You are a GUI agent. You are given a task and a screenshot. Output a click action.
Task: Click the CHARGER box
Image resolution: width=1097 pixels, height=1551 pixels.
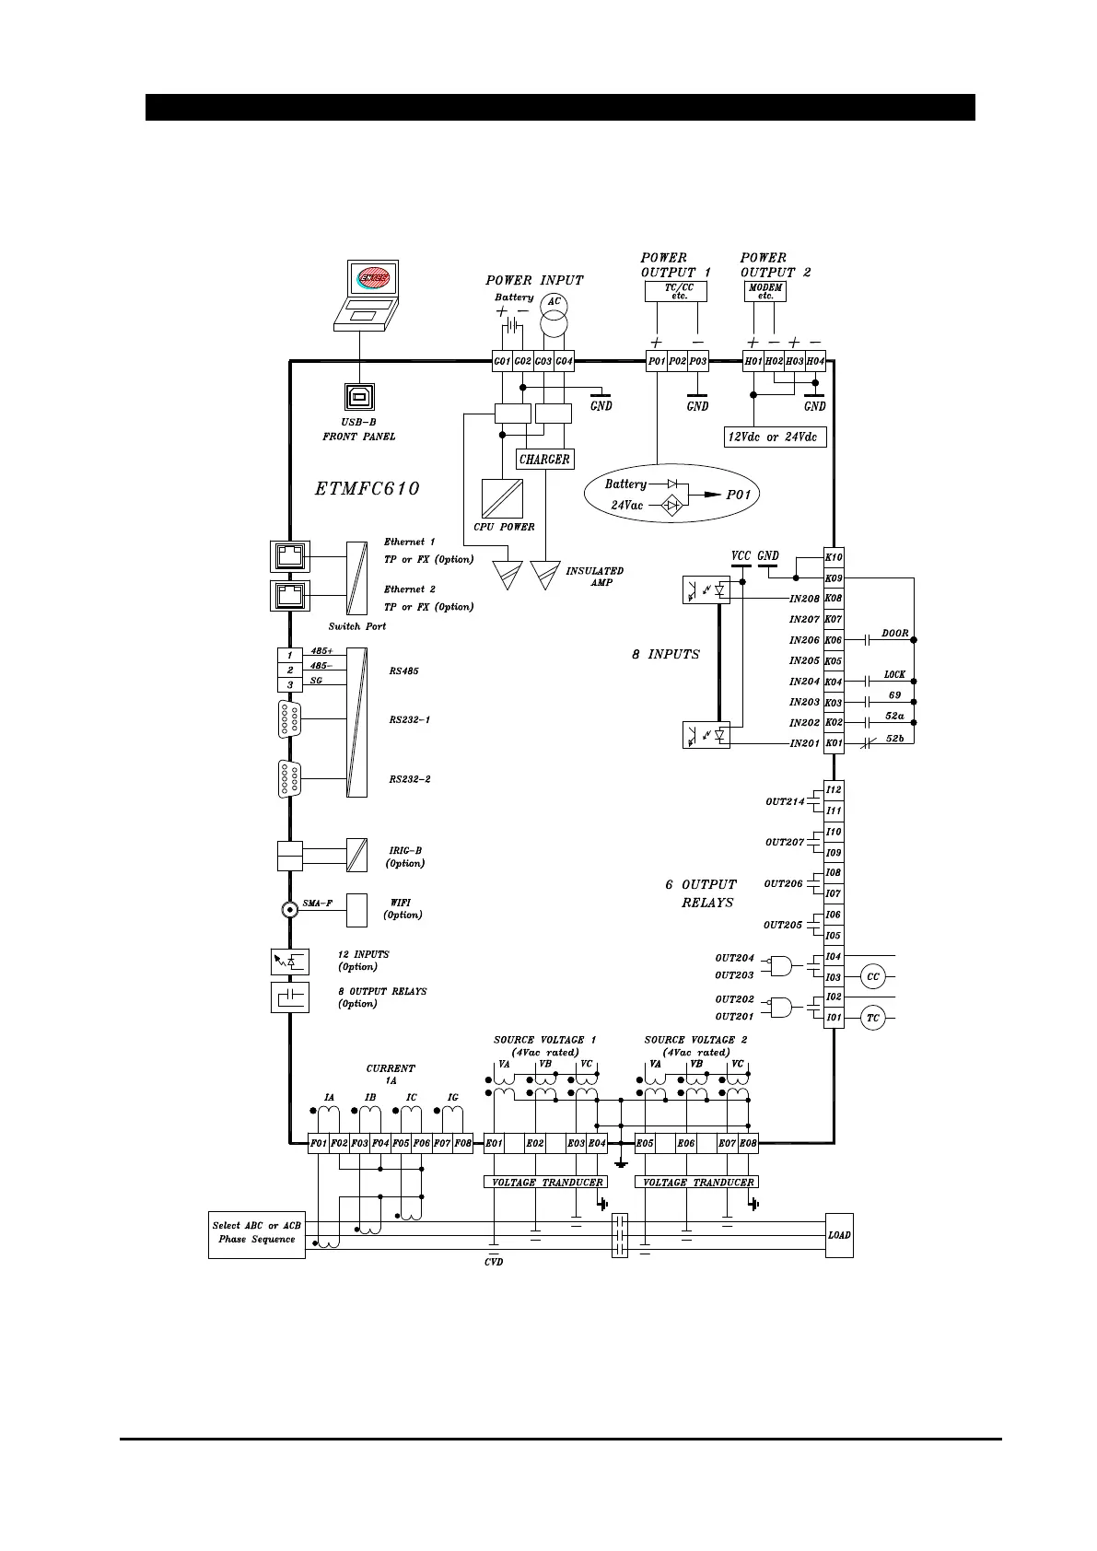(544, 459)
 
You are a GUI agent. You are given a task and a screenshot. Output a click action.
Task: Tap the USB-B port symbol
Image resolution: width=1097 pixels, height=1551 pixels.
(359, 396)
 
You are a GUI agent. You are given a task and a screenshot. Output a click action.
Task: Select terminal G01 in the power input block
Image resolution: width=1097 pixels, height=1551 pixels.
(502, 361)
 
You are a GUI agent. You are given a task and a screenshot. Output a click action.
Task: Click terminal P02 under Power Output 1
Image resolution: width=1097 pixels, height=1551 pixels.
(677, 361)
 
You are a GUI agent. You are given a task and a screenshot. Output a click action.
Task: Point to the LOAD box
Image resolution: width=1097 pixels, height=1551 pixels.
(839, 1234)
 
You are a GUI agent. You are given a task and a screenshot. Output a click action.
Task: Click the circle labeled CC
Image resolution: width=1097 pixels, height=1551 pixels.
(873, 976)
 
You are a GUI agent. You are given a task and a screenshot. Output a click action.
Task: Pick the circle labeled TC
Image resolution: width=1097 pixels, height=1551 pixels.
(873, 1018)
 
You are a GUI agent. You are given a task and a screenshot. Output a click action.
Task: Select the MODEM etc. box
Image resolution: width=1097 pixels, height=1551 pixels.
(765, 291)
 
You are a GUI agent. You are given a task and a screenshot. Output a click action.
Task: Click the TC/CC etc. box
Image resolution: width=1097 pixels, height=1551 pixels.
(678, 291)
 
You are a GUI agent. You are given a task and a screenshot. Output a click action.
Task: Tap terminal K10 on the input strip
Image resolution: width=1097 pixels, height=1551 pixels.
(834, 557)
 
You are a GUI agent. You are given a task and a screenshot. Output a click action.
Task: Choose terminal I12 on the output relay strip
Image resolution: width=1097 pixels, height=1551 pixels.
(834, 789)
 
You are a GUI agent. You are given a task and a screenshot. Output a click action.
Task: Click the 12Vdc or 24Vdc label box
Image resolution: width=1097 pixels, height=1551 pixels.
(775, 437)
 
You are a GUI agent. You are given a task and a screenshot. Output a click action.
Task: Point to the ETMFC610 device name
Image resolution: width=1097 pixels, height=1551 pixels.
(368, 489)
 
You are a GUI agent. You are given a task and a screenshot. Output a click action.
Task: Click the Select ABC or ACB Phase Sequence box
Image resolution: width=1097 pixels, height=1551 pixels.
(256, 1234)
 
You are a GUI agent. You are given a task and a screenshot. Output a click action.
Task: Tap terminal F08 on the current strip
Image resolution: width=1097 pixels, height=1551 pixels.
(462, 1143)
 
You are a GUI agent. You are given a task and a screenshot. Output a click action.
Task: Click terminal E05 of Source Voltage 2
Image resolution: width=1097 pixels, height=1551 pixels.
(645, 1143)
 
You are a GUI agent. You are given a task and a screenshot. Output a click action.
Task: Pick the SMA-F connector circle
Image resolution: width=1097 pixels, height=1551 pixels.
(289, 909)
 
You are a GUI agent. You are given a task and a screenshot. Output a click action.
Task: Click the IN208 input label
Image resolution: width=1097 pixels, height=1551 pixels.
(804, 599)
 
